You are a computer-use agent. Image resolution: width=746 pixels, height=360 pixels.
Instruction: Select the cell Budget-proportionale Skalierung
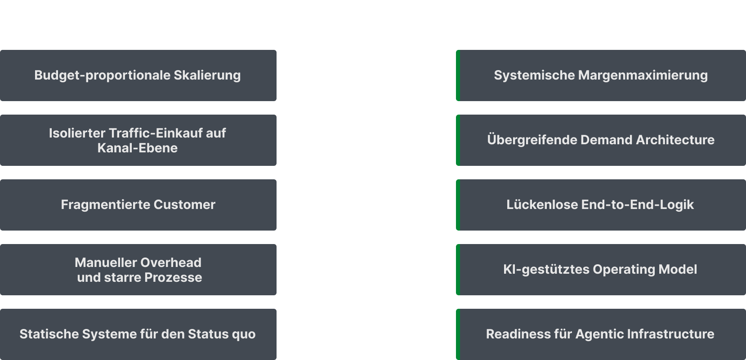(138, 75)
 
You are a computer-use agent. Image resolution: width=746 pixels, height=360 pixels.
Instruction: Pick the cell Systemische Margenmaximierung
(601, 75)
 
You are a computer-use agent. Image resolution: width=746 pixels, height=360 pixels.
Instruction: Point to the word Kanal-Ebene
(138, 148)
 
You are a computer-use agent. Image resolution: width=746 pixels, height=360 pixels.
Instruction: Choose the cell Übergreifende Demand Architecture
(601, 140)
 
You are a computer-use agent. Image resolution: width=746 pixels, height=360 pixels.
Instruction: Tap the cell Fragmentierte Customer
(138, 204)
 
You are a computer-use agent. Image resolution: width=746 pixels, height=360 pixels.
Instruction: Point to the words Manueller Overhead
(138, 262)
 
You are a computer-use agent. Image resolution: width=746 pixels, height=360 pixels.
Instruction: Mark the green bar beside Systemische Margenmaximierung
(458, 76)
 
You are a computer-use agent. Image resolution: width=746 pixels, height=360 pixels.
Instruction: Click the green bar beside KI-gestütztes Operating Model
(458, 270)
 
